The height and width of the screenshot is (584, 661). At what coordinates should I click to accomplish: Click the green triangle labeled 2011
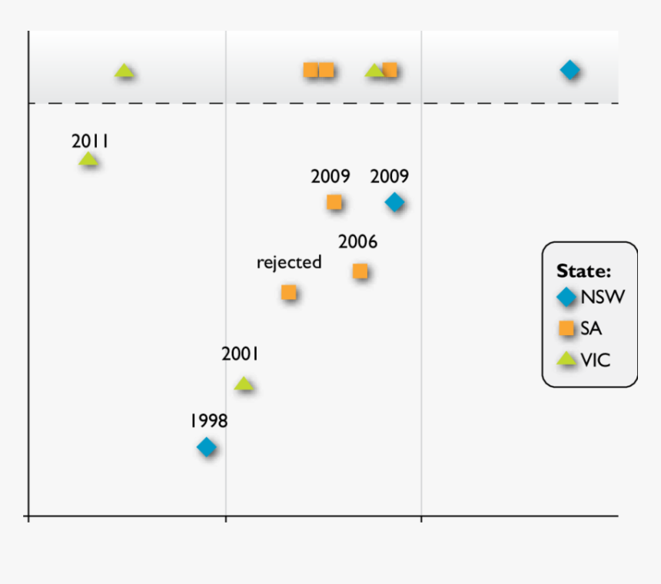pyautogui.click(x=88, y=160)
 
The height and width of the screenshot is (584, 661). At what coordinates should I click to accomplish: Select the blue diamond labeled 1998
pyautogui.click(x=206, y=446)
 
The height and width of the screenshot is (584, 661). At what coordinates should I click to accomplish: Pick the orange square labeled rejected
pyautogui.click(x=288, y=292)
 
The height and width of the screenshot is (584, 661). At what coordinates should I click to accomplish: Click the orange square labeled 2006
pyautogui.click(x=360, y=270)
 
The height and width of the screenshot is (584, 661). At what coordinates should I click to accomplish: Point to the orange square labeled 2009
pyautogui.click(x=334, y=202)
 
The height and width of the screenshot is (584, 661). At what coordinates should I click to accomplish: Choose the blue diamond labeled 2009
pyautogui.click(x=394, y=202)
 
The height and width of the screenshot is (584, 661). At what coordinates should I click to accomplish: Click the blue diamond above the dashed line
pyautogui.click(x=570, y=70)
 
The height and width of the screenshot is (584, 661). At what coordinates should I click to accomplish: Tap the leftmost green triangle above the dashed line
pyautogui.click(x=125, y=71)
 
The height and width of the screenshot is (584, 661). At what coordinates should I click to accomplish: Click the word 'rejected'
pyautogui.click(x=289, y=262)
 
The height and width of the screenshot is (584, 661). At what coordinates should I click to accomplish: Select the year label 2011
pyautogui.click(x=90, y=141)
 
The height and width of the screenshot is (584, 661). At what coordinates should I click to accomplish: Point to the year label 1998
pyautogui.click(x=208, y=421)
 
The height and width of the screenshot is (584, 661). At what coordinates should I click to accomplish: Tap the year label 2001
pyautogui.click(x=240, y=354)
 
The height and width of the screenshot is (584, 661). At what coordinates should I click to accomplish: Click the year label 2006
pyautogui.click(x=357, y=242)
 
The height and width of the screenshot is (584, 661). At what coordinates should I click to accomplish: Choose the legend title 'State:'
pyautogui.click(x=583, y=270)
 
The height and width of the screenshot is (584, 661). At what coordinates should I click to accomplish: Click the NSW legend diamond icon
pyautogui.click(x=566, y=297)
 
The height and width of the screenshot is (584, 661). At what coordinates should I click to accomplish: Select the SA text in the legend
pyautogui.click(x=591, y=328)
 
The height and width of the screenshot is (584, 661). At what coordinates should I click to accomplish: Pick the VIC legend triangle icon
pyautogui.click(x=566, y=359)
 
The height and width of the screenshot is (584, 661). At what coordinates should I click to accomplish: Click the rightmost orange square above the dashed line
pyautogui.click(x=390, y=70)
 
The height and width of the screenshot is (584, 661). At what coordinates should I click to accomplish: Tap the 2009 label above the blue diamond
pyautogui.click(x=390, y=176)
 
